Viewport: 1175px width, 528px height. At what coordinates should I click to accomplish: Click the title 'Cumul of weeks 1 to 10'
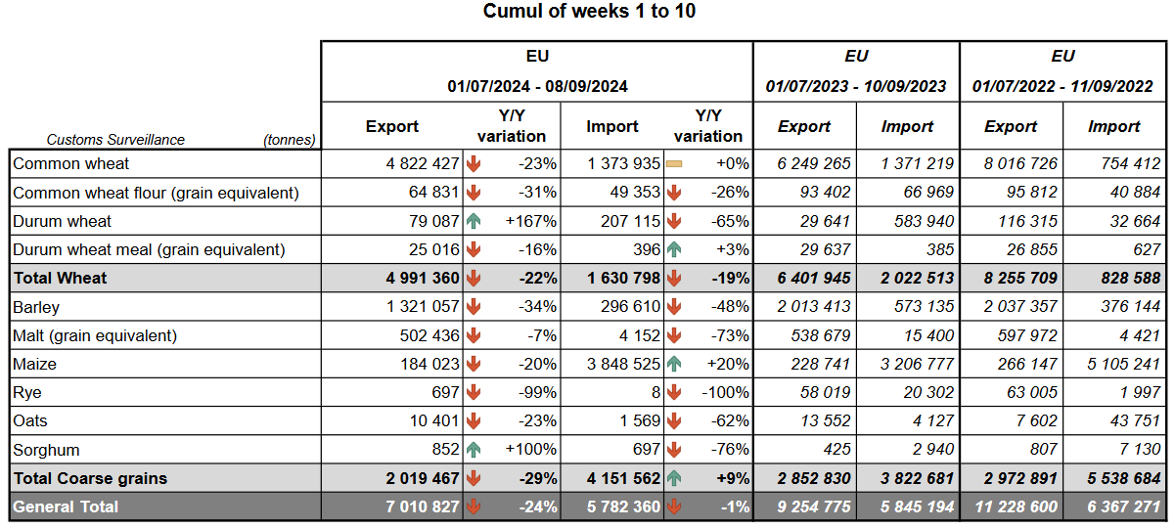point(589,12)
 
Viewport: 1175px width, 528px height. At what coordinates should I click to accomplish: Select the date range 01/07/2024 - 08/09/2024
point(537,86)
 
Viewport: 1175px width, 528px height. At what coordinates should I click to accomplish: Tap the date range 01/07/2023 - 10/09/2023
point(856,86)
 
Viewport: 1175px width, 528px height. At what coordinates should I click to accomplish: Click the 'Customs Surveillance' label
point(115,140)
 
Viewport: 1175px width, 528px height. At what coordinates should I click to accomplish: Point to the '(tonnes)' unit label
point(290,140)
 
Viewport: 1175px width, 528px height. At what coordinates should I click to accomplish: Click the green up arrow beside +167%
point(474,221)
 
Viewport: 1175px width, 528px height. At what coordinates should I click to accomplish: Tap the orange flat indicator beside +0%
point(674,164)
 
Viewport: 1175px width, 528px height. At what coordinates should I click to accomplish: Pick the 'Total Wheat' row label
point(60,278)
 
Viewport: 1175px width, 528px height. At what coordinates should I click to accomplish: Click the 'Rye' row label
point(27,393)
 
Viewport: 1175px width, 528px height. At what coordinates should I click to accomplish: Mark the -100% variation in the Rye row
point(725,393)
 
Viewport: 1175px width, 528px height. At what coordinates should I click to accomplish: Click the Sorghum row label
point(47,451)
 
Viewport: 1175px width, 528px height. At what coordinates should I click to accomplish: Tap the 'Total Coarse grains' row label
point(90,478)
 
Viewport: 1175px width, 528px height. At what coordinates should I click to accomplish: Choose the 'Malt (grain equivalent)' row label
point(95,335)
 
